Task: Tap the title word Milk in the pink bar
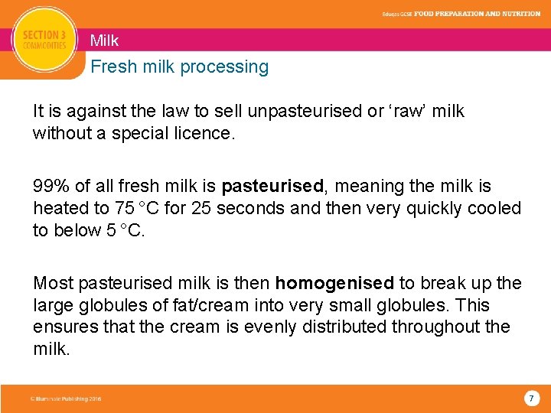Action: point(104,41)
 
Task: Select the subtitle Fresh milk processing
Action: point(179,67)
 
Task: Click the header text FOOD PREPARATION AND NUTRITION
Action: point(478,14)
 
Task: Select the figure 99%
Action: point(49,187)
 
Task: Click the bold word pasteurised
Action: point(272,187)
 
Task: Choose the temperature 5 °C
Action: point(125,231)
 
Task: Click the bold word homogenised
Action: point(334,284)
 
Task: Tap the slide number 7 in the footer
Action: point(531,398)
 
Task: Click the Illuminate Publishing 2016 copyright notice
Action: point(66,399)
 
